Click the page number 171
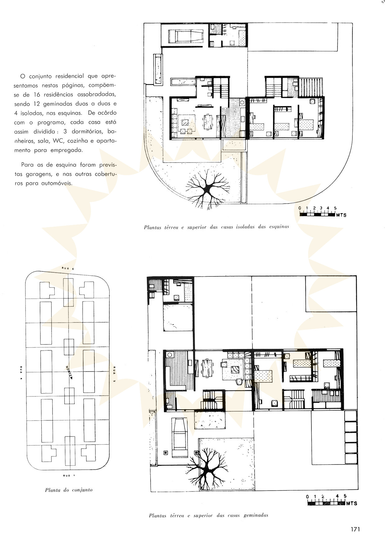(x=355, y=529)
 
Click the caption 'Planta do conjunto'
(x=69, y=490)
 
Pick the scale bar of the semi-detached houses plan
(x=332, y=501)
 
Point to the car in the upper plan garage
(x=186, y=36)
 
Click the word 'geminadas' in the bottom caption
(x=256, y=515)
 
